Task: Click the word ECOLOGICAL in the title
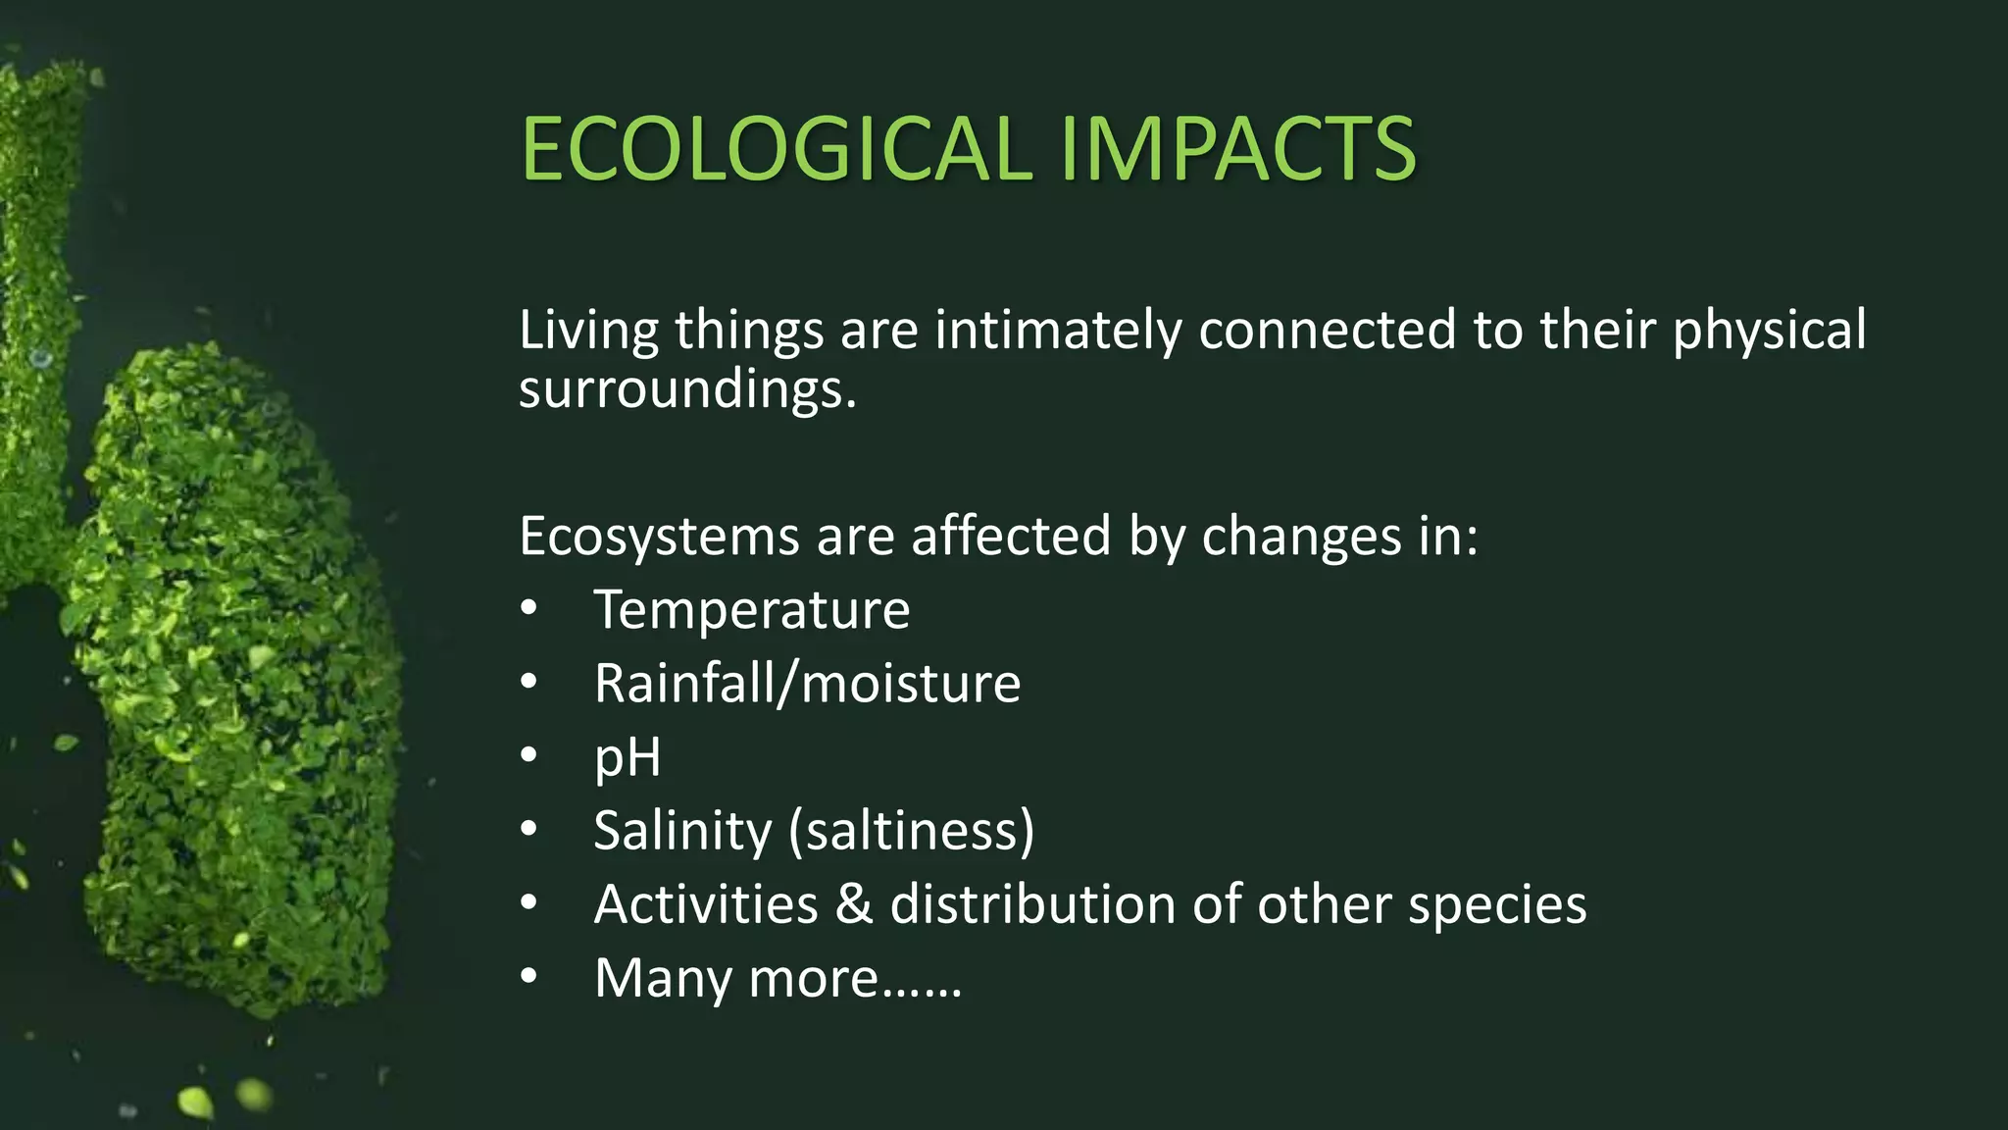(x=776, y=149)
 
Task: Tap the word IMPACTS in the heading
(x=1237, y=149)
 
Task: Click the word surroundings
(x=687, y=390)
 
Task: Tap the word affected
(x=1011, y=536)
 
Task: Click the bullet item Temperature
(x=752, y=609)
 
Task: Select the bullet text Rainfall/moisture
(x=807, y=683)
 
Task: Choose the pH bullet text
(x=627, y=758)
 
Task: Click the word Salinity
(x=682, y=830)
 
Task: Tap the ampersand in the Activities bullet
(x=853, y=903)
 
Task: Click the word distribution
(x=1032, y=903)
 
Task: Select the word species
(x=1497, y=905)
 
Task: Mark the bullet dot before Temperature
(x=529, y=609)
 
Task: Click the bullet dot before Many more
(x=529, y=977)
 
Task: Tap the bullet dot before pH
(x=529, y=756)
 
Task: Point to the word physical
(x=1769, y=331)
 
